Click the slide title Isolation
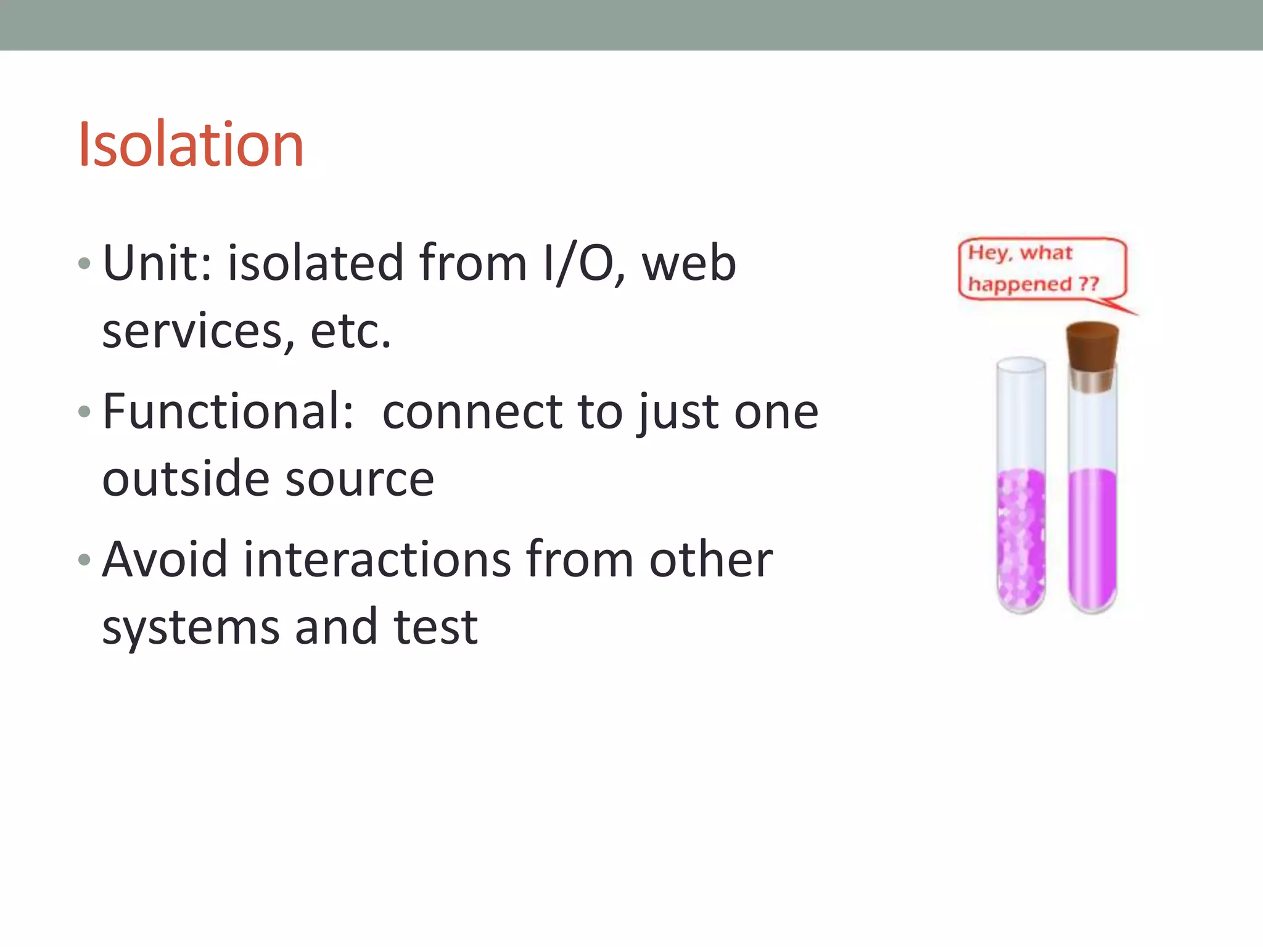tap(191, 144)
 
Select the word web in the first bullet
tap(689, 263)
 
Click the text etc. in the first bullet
tap(350, 332)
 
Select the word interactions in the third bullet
tap(377, 559)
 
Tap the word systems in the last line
tap(190, 628)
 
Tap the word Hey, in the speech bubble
tap(989, 253)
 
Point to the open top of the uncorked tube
tap(1021, 365)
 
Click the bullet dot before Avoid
tap(84, 560)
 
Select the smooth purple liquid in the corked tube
tap(1093, 536)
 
